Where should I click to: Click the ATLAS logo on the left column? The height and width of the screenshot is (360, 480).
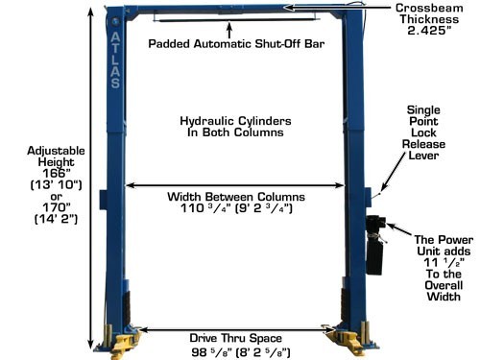coord(115,60)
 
